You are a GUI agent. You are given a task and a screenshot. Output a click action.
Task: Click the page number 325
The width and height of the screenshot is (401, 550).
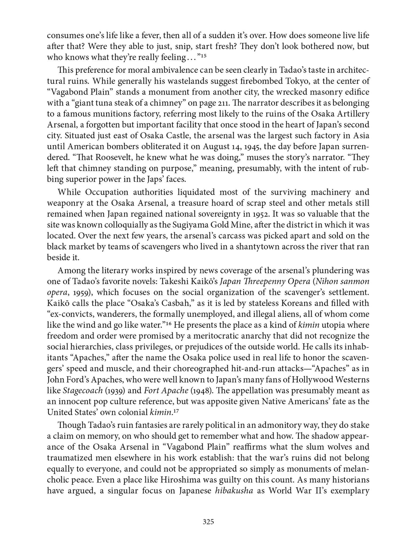coord(208,522)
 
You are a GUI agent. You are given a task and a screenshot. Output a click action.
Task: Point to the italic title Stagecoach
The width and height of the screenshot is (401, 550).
coord(82,391)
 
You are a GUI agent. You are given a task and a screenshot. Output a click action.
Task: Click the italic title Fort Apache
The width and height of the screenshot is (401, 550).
coord(166,391)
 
